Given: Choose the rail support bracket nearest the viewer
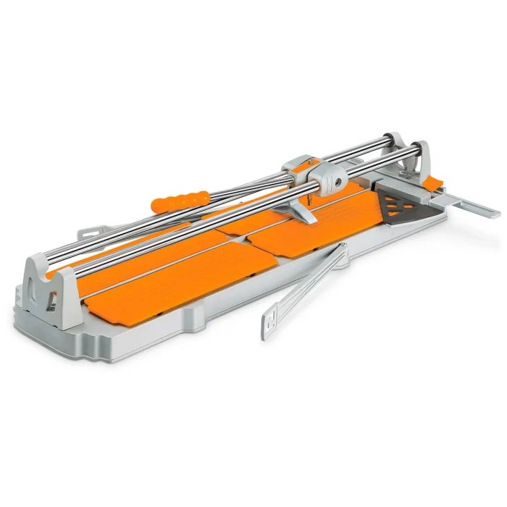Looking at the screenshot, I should click(x=52, y=286).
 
